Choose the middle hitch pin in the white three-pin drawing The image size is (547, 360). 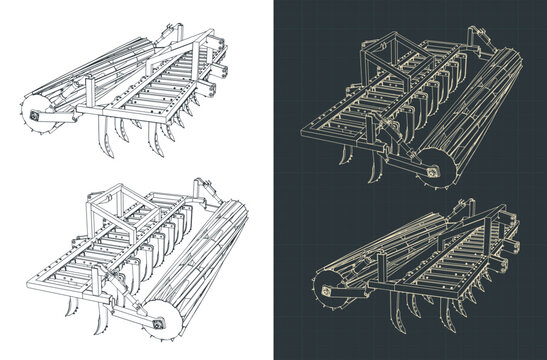pos(222,70)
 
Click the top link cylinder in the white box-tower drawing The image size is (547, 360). pos(204,189)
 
